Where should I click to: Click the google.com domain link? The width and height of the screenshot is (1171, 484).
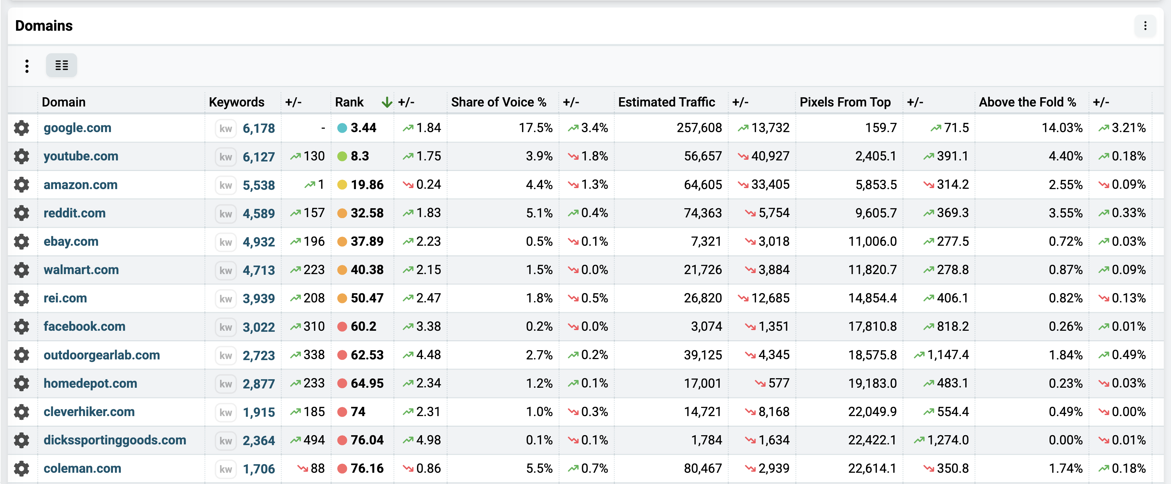(77, 128)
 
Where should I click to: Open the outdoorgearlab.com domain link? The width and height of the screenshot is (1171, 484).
(102, 355)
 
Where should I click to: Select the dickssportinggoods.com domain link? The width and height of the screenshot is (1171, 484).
(115, 440)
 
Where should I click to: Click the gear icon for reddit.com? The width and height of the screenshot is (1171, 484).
(21, 213)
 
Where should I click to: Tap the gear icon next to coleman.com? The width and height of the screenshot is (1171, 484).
(21, 469)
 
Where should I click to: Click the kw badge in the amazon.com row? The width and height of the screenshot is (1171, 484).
(226, 185)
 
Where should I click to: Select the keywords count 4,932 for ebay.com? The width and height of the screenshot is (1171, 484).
(259, 242)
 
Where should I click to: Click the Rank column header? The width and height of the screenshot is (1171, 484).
(349, 102)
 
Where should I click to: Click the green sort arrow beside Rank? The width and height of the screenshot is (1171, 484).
(387, 102)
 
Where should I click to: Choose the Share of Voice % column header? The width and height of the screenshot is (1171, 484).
(499, 102)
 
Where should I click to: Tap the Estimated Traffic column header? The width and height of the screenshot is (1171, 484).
(666, 102)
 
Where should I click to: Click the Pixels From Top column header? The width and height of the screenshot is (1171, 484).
(845, 102)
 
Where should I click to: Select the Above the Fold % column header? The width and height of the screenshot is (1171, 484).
(1027, 102)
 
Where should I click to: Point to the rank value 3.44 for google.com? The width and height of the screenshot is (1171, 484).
(363, 128)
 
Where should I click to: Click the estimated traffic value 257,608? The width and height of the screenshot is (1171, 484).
(699, 128)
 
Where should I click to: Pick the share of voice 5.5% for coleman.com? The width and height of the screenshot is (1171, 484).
(539, 469)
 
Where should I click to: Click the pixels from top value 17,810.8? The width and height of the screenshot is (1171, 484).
(872, 327)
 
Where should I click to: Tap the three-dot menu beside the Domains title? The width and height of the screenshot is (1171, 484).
(1145, 26)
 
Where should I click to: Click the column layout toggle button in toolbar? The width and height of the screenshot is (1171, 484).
(61, 65)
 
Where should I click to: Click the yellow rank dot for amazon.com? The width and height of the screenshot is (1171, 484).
(342, 185)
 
